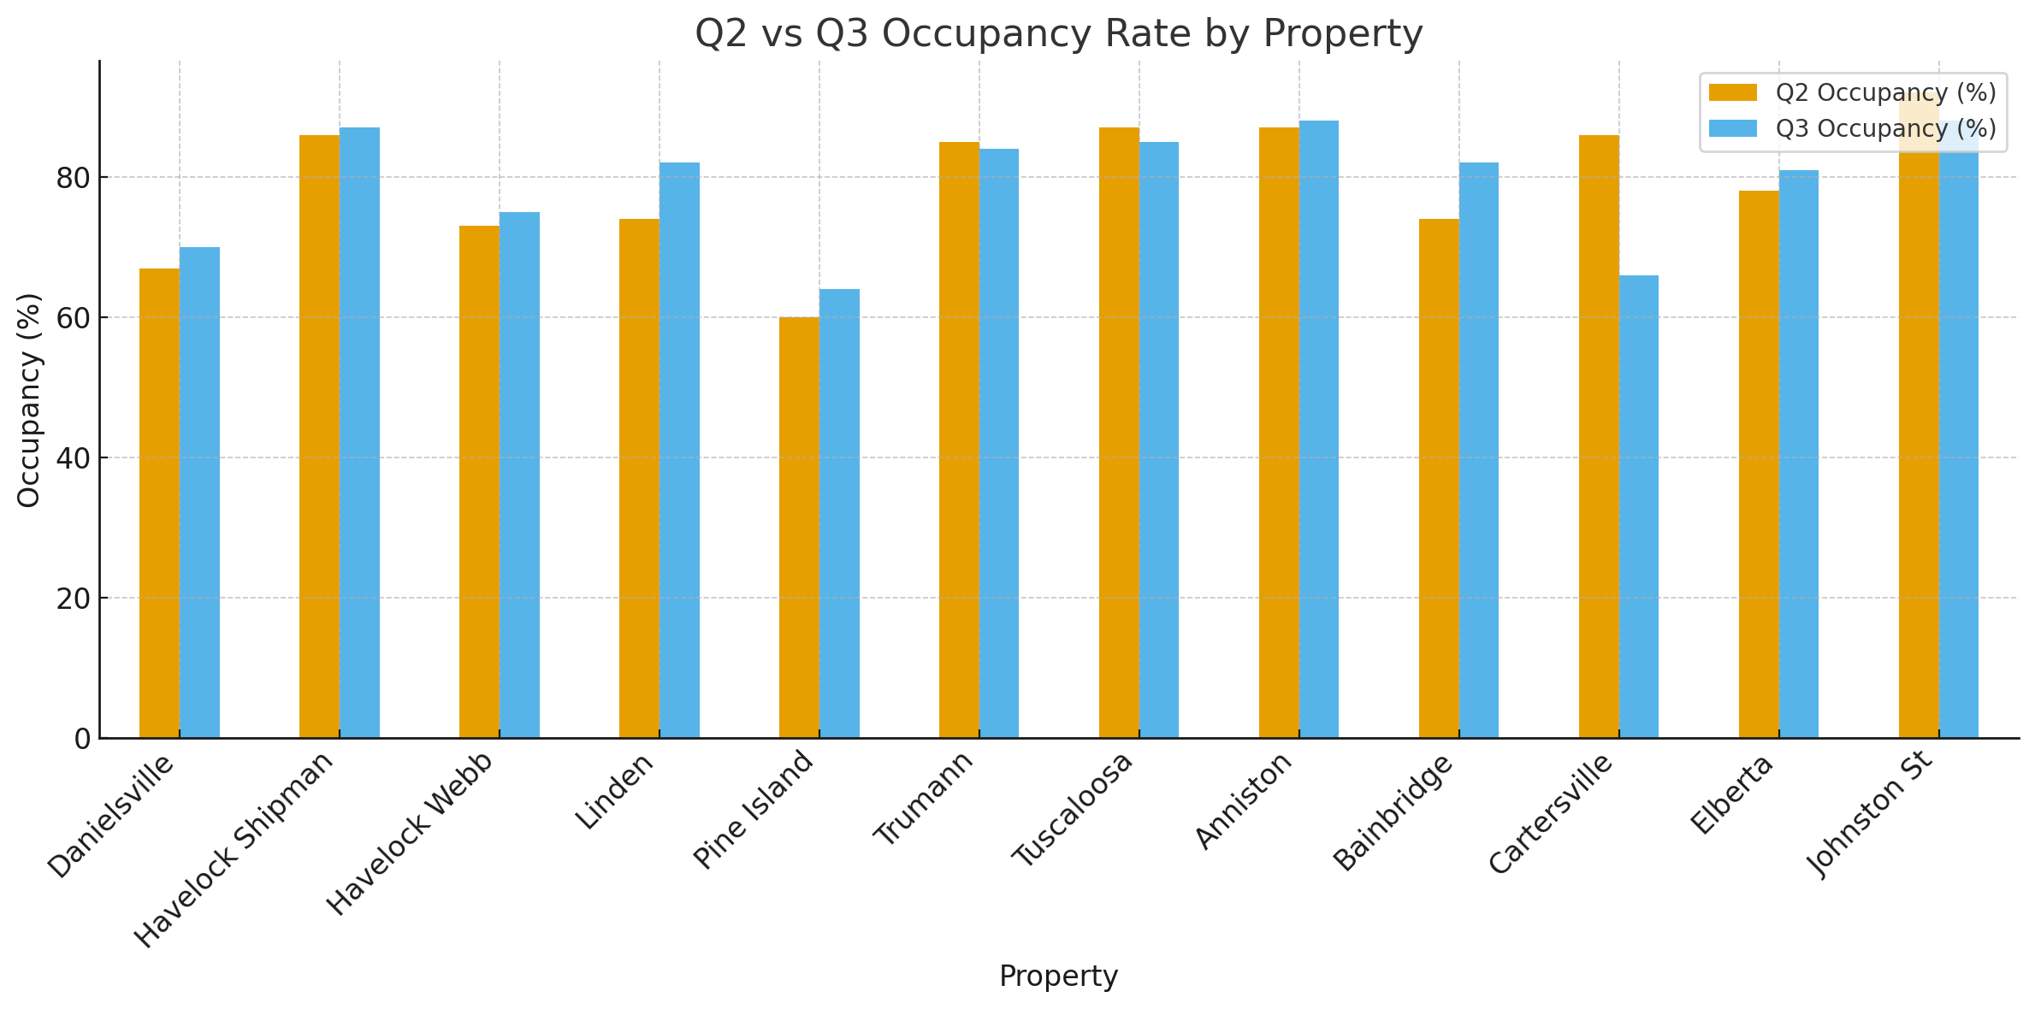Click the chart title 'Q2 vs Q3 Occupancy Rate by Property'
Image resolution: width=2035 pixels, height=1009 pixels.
click(1058, 34)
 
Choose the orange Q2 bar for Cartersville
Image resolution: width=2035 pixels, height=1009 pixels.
click(1598, 436)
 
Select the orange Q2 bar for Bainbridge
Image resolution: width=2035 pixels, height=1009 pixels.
click(1438, 478)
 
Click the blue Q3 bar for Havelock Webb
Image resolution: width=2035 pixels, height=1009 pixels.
click(519, 475)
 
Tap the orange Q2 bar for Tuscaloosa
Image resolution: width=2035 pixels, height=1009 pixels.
click(1118, 433)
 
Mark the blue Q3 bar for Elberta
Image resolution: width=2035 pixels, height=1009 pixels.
click(1798, 453)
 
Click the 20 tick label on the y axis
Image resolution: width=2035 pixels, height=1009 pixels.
click(74, 599)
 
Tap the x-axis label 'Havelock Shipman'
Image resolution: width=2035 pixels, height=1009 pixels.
click(234, 850)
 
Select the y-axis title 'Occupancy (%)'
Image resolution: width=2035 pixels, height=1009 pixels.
click(29, 399)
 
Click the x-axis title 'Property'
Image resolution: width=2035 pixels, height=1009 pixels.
click(1058, 976)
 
